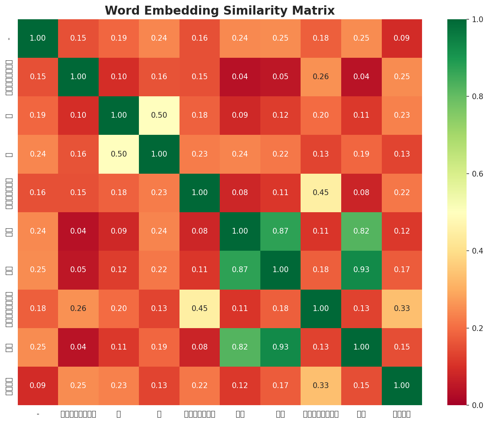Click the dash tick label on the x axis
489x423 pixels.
(38, 414)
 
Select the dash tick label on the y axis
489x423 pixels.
(9, 39)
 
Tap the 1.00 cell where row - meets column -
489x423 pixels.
(38, 39)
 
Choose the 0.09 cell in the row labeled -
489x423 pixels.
(402, 39)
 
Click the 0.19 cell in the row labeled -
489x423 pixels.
(119, 39)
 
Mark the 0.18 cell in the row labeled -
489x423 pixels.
(321, 39)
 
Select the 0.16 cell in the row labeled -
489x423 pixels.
(199, 39)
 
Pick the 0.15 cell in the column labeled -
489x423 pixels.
(38, 77)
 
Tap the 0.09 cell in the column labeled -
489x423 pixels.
(38, 386)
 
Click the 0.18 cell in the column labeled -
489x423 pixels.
(38, 309)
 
